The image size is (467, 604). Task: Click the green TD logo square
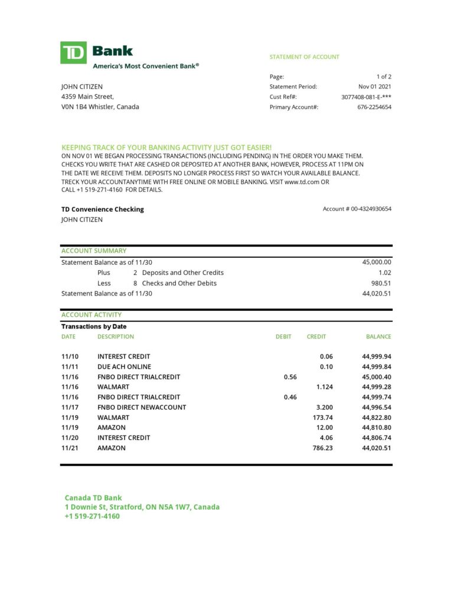click(73, 52)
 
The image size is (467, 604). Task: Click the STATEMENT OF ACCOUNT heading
click(304, 57)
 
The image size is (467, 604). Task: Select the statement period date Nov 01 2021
click(374, 87)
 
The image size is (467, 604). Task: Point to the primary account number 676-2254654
click(374, 107)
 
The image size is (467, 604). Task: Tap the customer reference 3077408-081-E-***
click(366, 97)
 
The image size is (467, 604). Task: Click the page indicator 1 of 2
click(384, 77)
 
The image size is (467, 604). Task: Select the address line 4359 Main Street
click(87, 97)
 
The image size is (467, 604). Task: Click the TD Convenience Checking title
click(102, 209)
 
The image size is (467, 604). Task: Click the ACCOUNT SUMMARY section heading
click(94, 251)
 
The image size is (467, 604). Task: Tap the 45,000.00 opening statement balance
click(376, 262)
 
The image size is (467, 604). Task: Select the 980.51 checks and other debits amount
click(381, 283)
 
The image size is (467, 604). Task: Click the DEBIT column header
click(283, 337)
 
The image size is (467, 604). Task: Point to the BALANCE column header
click(378, 337)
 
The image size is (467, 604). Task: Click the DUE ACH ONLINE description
click(124, 367)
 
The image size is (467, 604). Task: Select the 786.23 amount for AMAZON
click(322, 448)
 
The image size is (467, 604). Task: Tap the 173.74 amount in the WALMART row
click(322, 418)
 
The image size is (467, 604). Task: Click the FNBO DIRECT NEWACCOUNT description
click(142, 408)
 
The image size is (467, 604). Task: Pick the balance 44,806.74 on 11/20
click(376, 438)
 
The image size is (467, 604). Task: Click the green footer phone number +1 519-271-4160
click(92, 517)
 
